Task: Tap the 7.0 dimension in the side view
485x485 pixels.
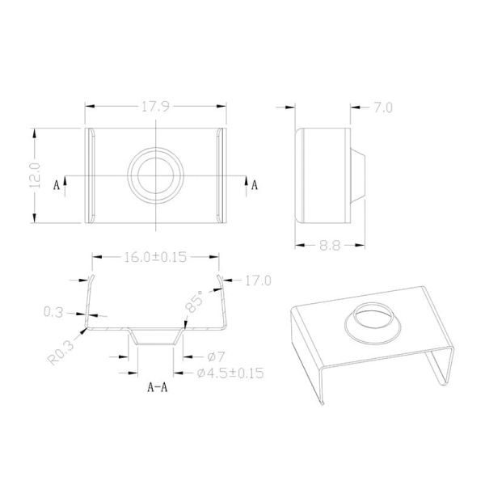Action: pos(381,108)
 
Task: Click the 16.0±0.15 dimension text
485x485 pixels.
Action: pos(154,258)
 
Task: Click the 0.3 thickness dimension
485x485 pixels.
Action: pos(53,310)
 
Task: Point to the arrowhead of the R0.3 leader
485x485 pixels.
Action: pos(84,329)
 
